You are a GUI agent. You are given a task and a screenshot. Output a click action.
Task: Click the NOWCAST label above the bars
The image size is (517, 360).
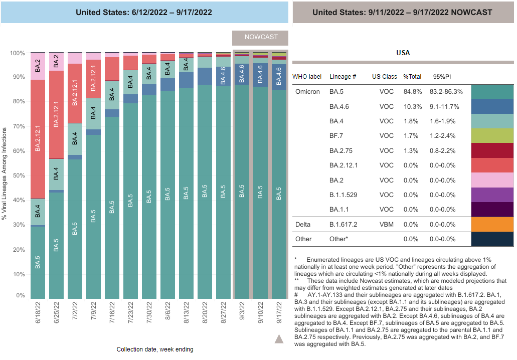[260, 38]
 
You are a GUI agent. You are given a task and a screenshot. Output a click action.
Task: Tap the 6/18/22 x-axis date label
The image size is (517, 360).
[38, 311]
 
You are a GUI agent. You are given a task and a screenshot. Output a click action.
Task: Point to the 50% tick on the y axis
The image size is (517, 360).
[18, 176]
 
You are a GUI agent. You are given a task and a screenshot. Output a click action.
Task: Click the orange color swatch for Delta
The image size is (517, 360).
[492, 224]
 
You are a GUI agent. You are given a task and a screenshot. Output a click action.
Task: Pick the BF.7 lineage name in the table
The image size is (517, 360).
[336, 136]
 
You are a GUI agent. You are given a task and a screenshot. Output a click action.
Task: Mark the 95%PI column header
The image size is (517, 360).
[442, 77]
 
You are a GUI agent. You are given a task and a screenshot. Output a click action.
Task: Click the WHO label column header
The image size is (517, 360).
[307, 77]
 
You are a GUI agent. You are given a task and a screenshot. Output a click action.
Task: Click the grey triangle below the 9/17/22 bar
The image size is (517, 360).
[279, 339]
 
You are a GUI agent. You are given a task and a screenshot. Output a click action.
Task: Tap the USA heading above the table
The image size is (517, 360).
[403, 53]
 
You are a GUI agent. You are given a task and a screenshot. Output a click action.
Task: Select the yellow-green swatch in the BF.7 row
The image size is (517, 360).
[492, 136]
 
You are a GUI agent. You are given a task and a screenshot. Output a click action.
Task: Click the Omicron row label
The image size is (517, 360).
[307, 92]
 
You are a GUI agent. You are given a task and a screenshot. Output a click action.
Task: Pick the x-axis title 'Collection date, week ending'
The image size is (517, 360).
[155, 349]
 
